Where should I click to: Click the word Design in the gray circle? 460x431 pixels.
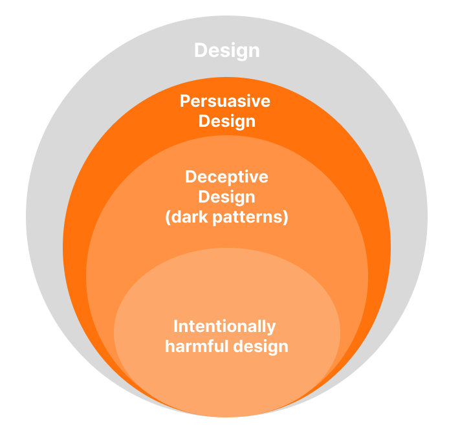[x=227, y=51]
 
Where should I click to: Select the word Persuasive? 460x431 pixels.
[x=225, y=101]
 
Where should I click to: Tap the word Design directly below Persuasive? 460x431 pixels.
[x=227, y=122]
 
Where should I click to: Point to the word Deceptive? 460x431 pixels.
[x=226, y=177]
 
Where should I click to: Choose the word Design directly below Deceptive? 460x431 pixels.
[x=227, y=197]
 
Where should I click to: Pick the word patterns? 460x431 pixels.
[x=247, y=217]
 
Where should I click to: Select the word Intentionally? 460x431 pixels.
[x=225, y=327]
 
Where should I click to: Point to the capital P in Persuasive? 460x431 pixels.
[x=185, y=101]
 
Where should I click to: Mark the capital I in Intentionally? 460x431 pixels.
[x=176, y=326]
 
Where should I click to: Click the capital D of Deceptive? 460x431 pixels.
[x=191, y=177]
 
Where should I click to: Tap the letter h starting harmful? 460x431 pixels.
[x=170, y=346]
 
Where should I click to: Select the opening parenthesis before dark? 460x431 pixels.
[x=168, y=217]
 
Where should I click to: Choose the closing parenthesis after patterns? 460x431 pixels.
[x=285, y=217]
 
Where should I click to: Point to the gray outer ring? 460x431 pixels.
[x=44, y=217]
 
